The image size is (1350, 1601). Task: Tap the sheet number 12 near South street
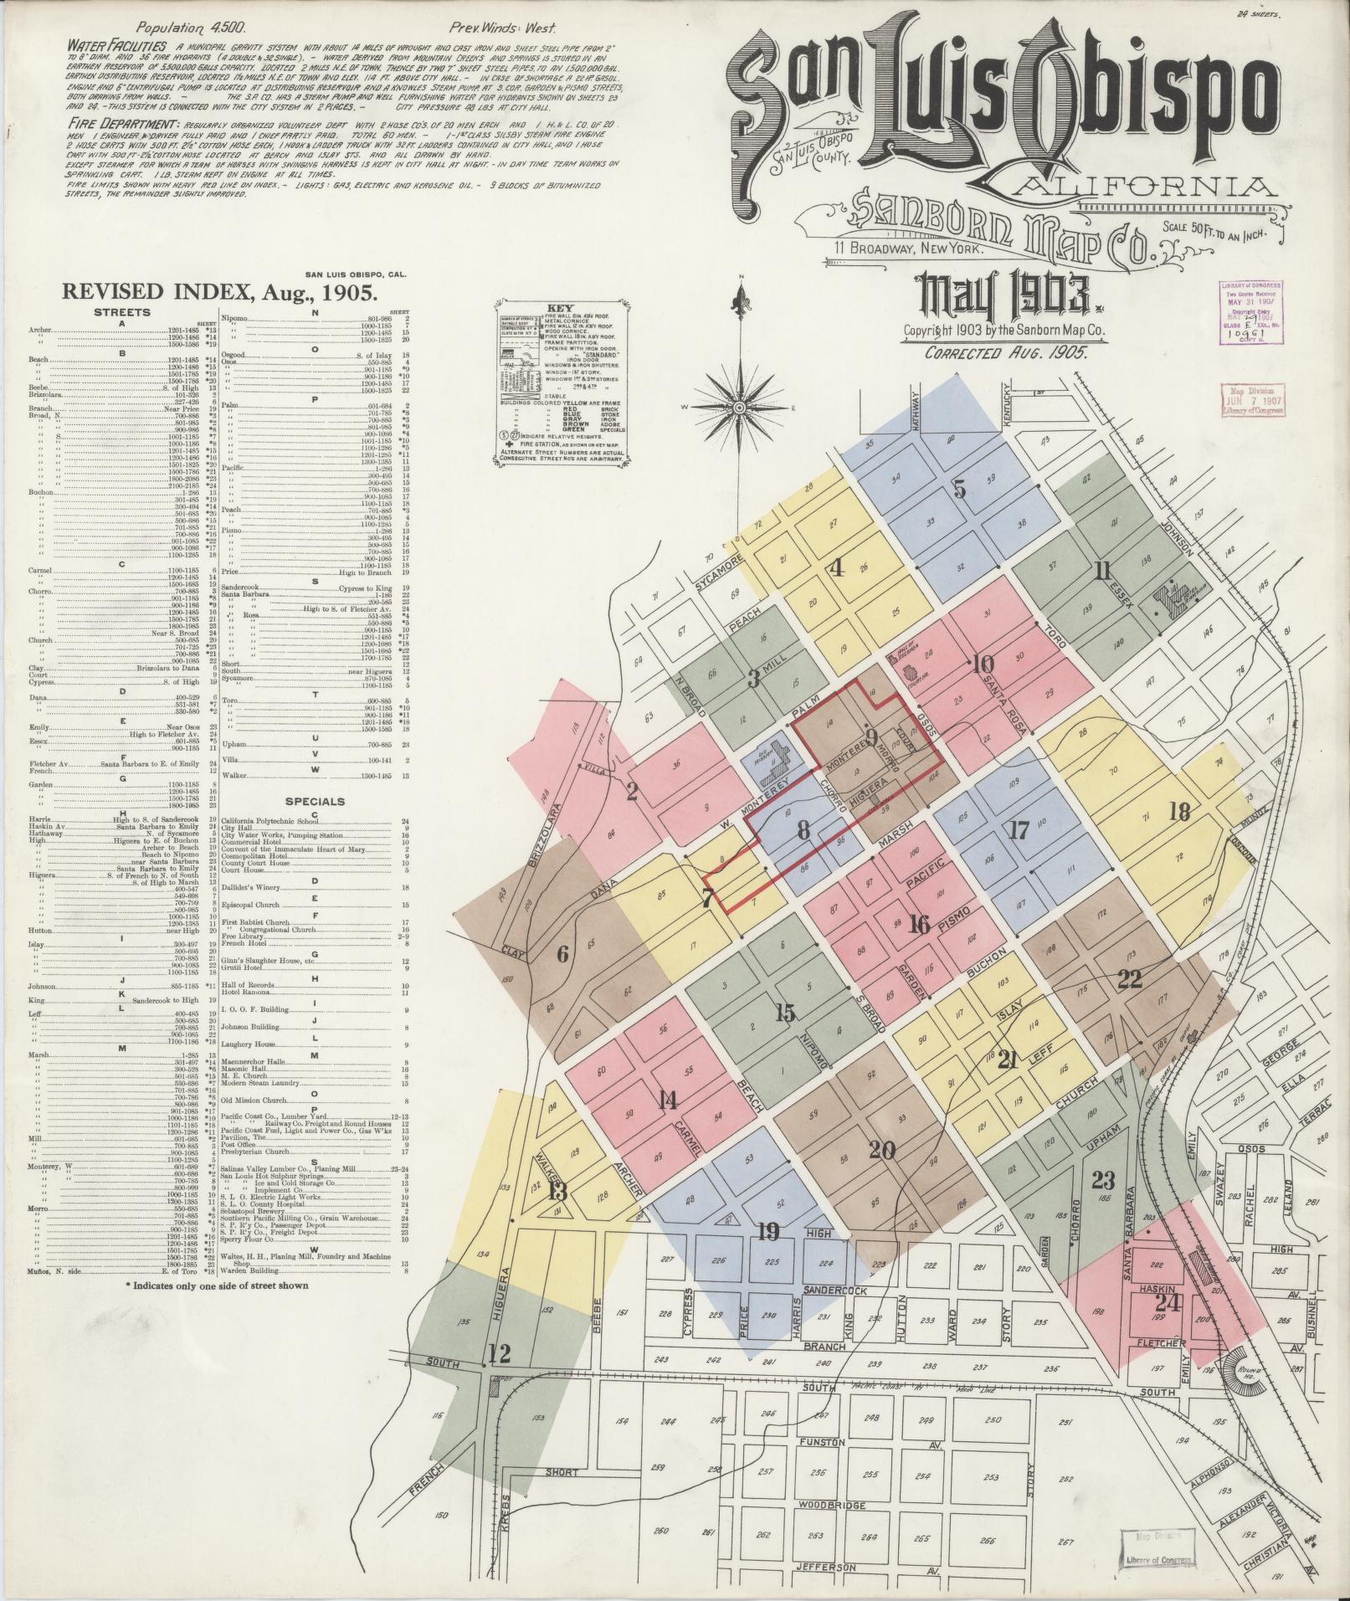[500, 1352]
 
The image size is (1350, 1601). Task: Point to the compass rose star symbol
[740, 408]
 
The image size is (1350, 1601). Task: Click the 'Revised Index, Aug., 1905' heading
[216, 292]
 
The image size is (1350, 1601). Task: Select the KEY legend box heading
[558, 308]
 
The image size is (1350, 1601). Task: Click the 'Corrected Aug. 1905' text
[1006, 352]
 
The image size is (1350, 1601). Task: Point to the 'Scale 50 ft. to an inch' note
[1214, 230]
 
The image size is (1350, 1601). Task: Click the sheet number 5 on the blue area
[960, 488]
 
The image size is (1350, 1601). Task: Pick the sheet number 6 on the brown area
[562, 953]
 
